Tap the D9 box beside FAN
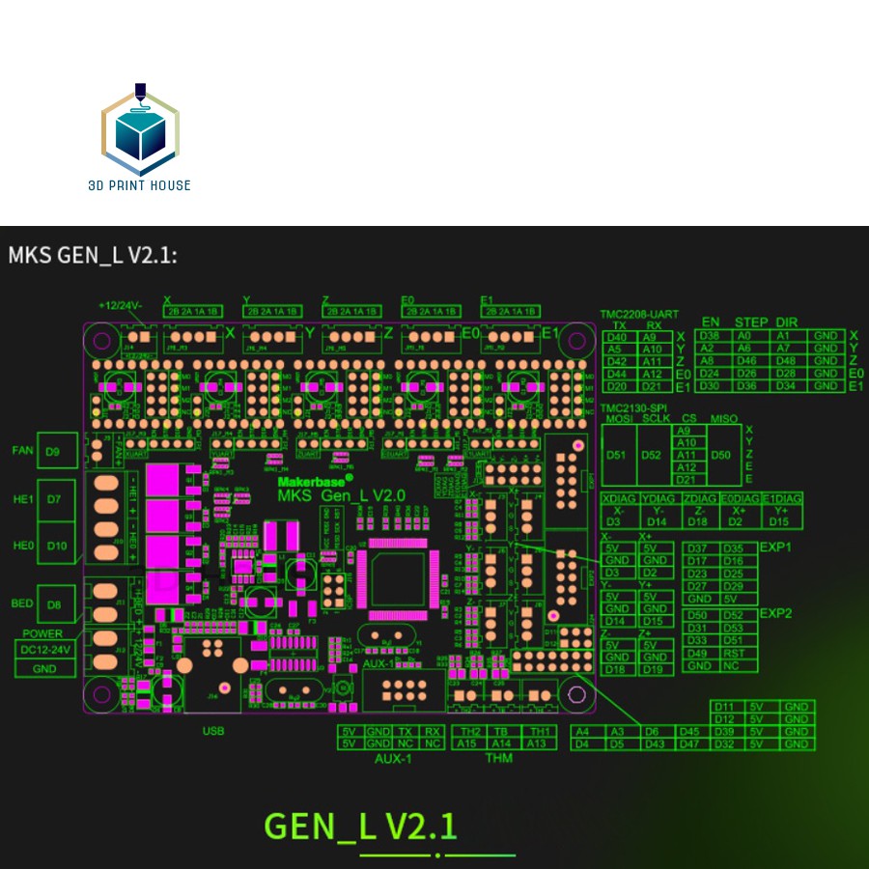(52, 451)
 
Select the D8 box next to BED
(53, 605)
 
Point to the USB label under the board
(212, 731)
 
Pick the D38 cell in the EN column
(710, 335)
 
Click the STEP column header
(751, 322)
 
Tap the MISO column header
(723, 418)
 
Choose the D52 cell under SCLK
(652, 455)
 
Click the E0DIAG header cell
(740, 498)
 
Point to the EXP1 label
(775, 546)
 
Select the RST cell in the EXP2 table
(733, 653)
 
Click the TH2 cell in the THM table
(472, 731)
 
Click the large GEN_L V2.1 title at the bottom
(361, 827)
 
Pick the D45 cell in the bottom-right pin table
(688, 731)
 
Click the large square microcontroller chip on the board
(395, 581)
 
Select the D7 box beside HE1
(53, 499)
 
